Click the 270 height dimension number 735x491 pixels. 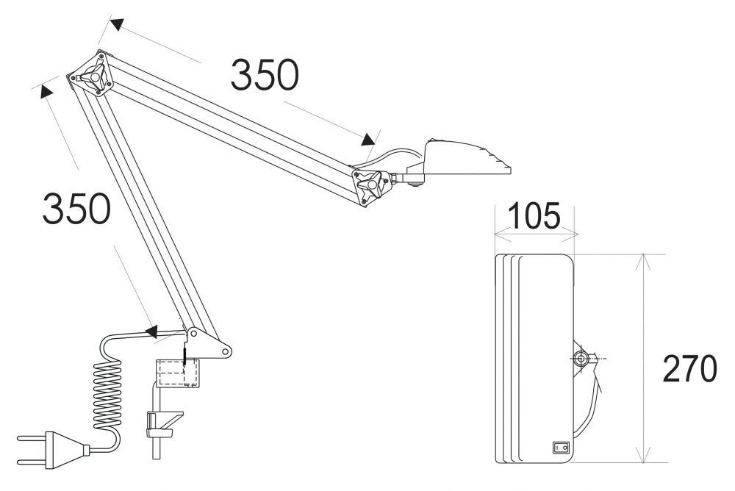[689, 369]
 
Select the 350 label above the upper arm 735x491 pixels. [265, 75]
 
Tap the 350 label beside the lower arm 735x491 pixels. [76, 209]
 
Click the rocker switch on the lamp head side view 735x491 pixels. [561, 446]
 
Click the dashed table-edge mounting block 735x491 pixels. [177, 373]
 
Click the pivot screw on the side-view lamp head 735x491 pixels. [581, 358]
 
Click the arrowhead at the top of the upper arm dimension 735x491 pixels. [115, 24]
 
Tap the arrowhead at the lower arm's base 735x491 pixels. [152, 332]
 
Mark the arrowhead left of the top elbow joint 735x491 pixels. [46, 90]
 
